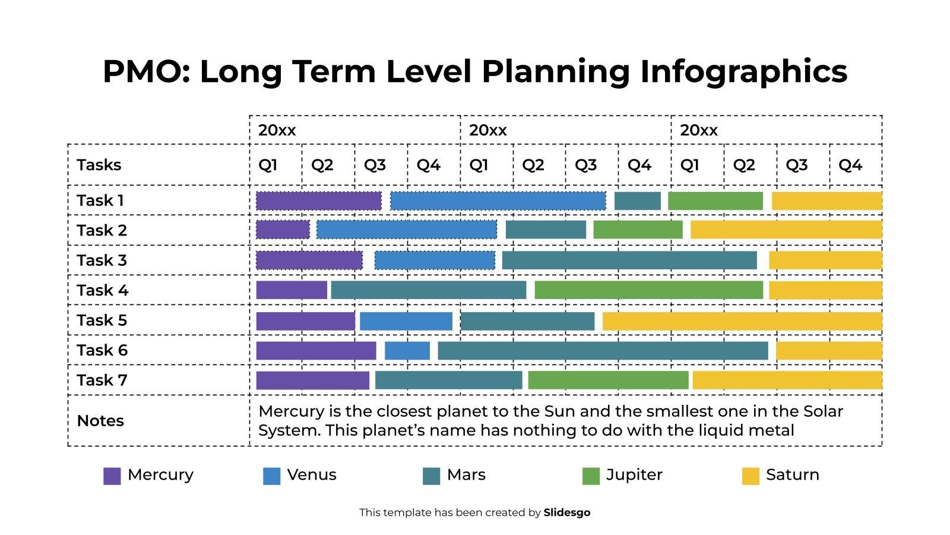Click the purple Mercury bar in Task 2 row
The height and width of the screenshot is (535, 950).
pyautogui.click(x=283, y=230)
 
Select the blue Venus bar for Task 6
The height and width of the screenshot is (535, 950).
pyautogui.click(x=407, y=351)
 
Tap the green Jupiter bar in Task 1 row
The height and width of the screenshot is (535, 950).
pyautogui.click(x=715, y=201)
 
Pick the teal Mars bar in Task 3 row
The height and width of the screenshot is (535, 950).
pyautogui.click(x=629, y=260)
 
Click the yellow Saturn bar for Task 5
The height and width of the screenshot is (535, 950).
pyautogui.click(x=742, y=321)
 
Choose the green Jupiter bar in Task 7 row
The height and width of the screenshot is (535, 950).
pyautogui.click(x=608, y=380)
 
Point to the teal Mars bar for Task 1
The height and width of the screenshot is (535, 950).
pyautogui.click(x=637, y=201)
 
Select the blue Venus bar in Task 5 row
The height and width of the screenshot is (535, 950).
pyautogui.click(x=406, y=321)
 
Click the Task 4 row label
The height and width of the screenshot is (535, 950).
pyautogui.click(x=102, y=290)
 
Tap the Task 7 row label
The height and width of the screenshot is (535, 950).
pyautogui.click(x=102, y=380)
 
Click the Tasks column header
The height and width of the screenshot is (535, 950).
pyautogui.click(x=99, y=165)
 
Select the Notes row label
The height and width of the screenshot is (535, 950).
pyautogui.click(x=100, y=421)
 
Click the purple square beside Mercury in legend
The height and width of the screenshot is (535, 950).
pyautogui.click(x=112, y=476)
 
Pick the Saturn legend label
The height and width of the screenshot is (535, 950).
pyautogui.click(x=792, y=475)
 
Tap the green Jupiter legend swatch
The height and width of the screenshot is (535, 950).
pyautogui.click(x=591, y=476)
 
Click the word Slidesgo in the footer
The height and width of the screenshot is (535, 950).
pyautogui.click(x=566, y=512)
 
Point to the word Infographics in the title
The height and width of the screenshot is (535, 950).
pyautogui.click(x=743, y=71)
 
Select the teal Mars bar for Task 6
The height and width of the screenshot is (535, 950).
pyautogui.click(x=603, y=351)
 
